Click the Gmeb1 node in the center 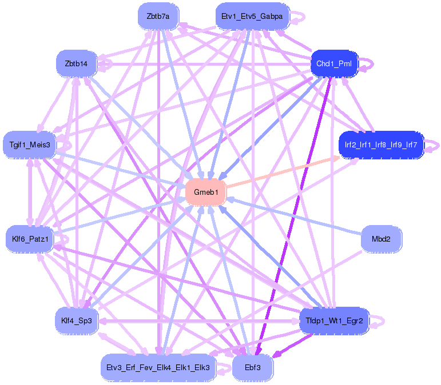click(206, 192)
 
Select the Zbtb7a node click(158, 17)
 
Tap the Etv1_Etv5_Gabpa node click(252, 17)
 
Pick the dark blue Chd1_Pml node click(333, 63)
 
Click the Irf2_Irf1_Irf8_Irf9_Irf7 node click(380, 145)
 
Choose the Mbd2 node click(381, 239)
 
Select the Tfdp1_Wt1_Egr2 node click(334, 321)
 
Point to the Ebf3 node click(252, 367)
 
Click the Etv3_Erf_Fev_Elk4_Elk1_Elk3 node click(157, 367)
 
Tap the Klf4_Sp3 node click(76, 321)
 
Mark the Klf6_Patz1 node click(29, 239)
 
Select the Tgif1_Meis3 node click(29, 145)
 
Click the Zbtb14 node click(76, 63)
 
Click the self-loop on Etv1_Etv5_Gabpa click(299, 17)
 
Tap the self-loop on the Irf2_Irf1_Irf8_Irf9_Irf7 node click(434, 145)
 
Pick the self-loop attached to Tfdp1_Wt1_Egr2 click(378, 322)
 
